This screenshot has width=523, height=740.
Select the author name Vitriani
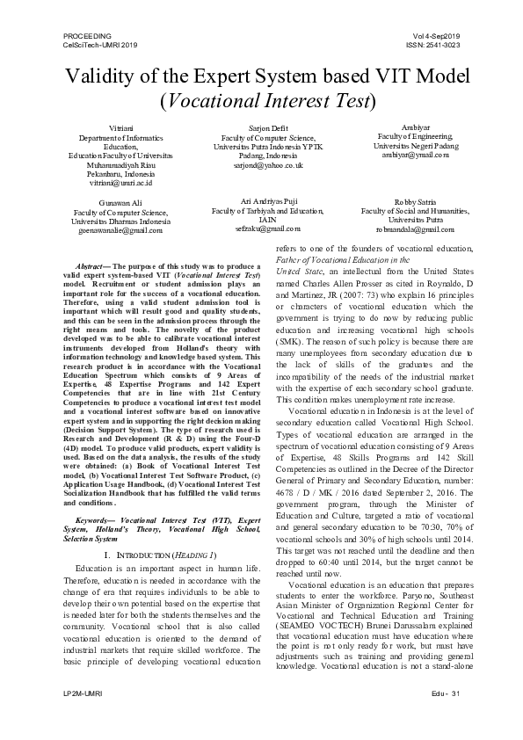(x=120, y=128)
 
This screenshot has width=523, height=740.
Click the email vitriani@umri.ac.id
(x=120, y=183)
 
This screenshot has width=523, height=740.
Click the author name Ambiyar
(x=415, y=127)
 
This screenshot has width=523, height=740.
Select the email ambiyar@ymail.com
(x=415, y=155)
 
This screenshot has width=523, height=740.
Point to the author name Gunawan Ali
(x=120, y=202)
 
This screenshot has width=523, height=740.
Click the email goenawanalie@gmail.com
(x=120, y=230)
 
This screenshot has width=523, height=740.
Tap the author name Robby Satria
(x=415, y=202)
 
